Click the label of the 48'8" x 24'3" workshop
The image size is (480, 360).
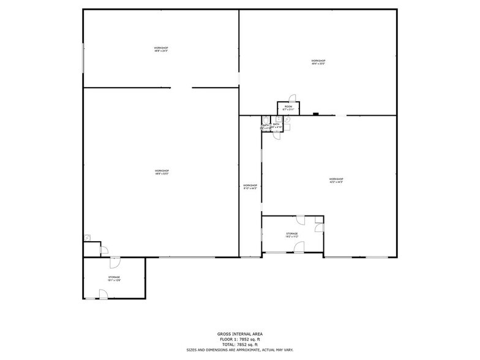point(161,50)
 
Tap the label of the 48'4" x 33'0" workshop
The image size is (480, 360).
point(318,62)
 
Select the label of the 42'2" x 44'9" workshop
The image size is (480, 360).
point(336,180)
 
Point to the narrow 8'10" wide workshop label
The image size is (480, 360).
point(250,187)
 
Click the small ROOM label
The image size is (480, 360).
point(288,108)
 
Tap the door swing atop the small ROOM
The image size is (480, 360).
point(292,98)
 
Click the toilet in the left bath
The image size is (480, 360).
point(265,119)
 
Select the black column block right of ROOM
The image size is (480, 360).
point(315,113)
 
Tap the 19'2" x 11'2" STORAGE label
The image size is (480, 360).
point(291,235)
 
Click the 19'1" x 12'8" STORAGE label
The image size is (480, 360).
point(114,279)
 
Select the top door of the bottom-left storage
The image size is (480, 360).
point(114,262)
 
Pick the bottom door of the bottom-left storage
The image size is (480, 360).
point(103,295)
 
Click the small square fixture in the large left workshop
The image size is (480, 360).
point(88,237)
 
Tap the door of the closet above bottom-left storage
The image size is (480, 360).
point(104,249)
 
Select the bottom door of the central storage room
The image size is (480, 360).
point(299,247)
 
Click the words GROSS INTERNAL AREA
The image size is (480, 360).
point(239,334)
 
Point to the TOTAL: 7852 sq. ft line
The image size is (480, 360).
point(239,344)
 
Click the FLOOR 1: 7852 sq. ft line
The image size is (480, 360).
point(239,339)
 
